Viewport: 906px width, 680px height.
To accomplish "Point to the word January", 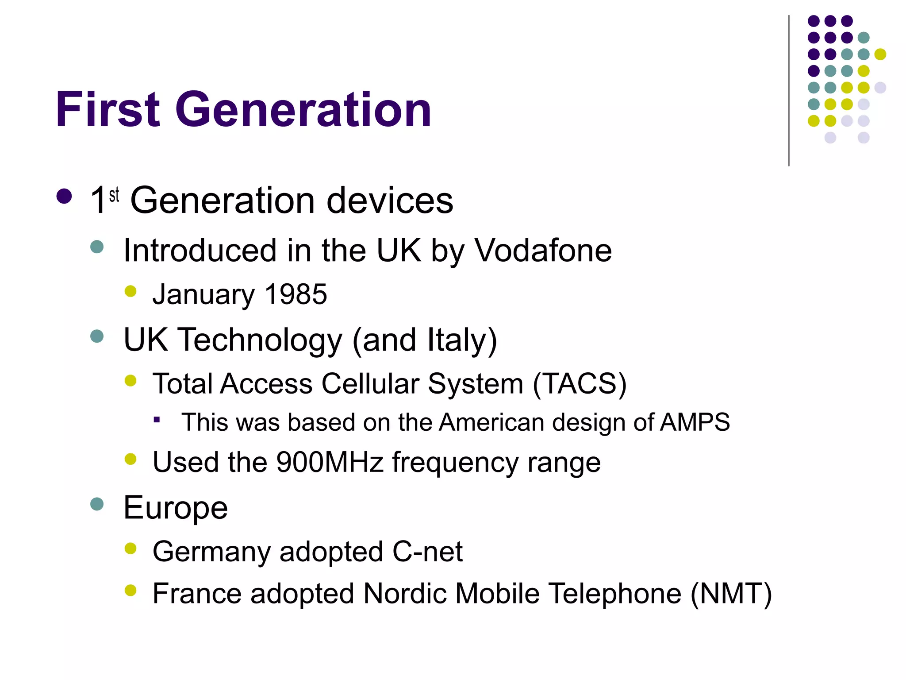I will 203,294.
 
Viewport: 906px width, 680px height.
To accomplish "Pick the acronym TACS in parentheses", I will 580,383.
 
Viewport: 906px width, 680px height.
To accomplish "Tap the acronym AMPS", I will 695,422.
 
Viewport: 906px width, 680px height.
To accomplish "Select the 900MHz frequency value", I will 330,462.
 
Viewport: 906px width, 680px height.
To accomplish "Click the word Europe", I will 176,508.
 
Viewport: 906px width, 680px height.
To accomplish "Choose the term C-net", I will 427,552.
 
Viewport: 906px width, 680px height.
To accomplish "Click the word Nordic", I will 405,594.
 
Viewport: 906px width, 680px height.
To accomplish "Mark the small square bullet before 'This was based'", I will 157,420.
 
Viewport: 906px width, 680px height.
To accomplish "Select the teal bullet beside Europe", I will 97,504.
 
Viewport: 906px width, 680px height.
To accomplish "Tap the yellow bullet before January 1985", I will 131,291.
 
